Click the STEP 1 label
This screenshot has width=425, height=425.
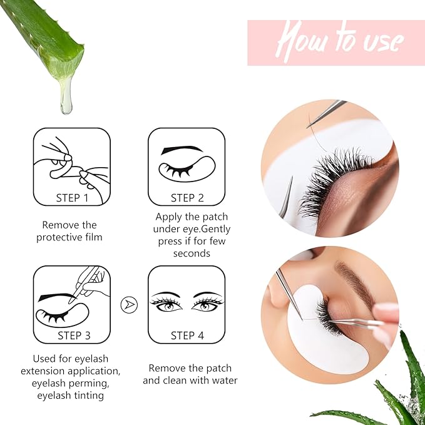[x=72, y=198]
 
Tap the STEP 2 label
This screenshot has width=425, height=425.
[x=187, y=198]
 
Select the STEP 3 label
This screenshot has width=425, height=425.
[x=74, y=335]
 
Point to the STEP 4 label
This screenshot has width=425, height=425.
[x=187, y=335]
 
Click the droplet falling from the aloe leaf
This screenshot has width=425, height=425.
[x=66, y=100]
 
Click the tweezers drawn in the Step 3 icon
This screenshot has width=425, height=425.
[x=90, y=281]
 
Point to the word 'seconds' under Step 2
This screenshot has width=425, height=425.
[x=192, y=253]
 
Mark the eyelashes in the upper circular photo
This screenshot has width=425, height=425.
[x=332, y=185]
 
